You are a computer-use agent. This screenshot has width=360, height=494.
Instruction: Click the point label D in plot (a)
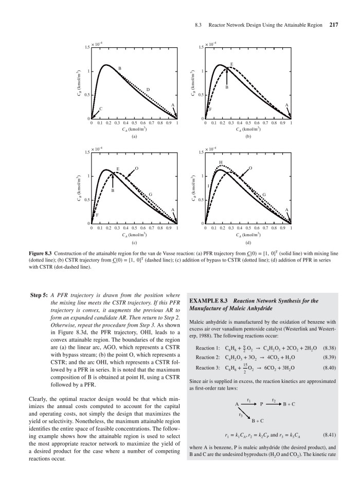[148, 90]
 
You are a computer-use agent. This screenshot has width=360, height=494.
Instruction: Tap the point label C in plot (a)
[101, 109]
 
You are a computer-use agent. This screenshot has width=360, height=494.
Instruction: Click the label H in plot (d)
[221, 162]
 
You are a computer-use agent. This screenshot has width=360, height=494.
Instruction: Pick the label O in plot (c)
[136, 168]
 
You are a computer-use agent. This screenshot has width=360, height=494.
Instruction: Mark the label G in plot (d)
[264, 194]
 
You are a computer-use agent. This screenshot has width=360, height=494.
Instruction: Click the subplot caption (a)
[134, 137]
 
